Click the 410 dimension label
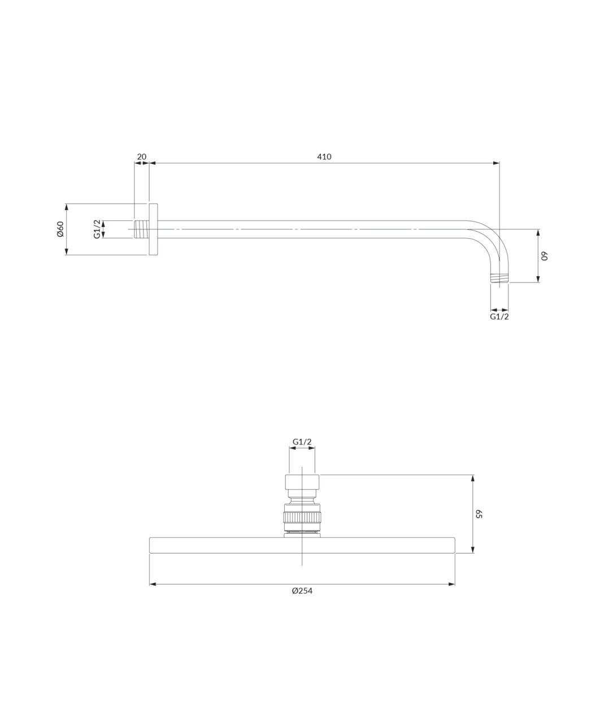[x=324, y=157]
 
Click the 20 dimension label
[x=142, y=157]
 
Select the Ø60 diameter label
[x=60, y=229]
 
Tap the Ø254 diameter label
[x=302, y=591]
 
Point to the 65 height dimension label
[x=479, y=514]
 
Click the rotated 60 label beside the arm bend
[x=545, y=256]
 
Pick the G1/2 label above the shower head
[x=302, y=442]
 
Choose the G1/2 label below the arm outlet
[x=499, y=316]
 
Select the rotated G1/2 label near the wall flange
[x=97, y=229]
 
